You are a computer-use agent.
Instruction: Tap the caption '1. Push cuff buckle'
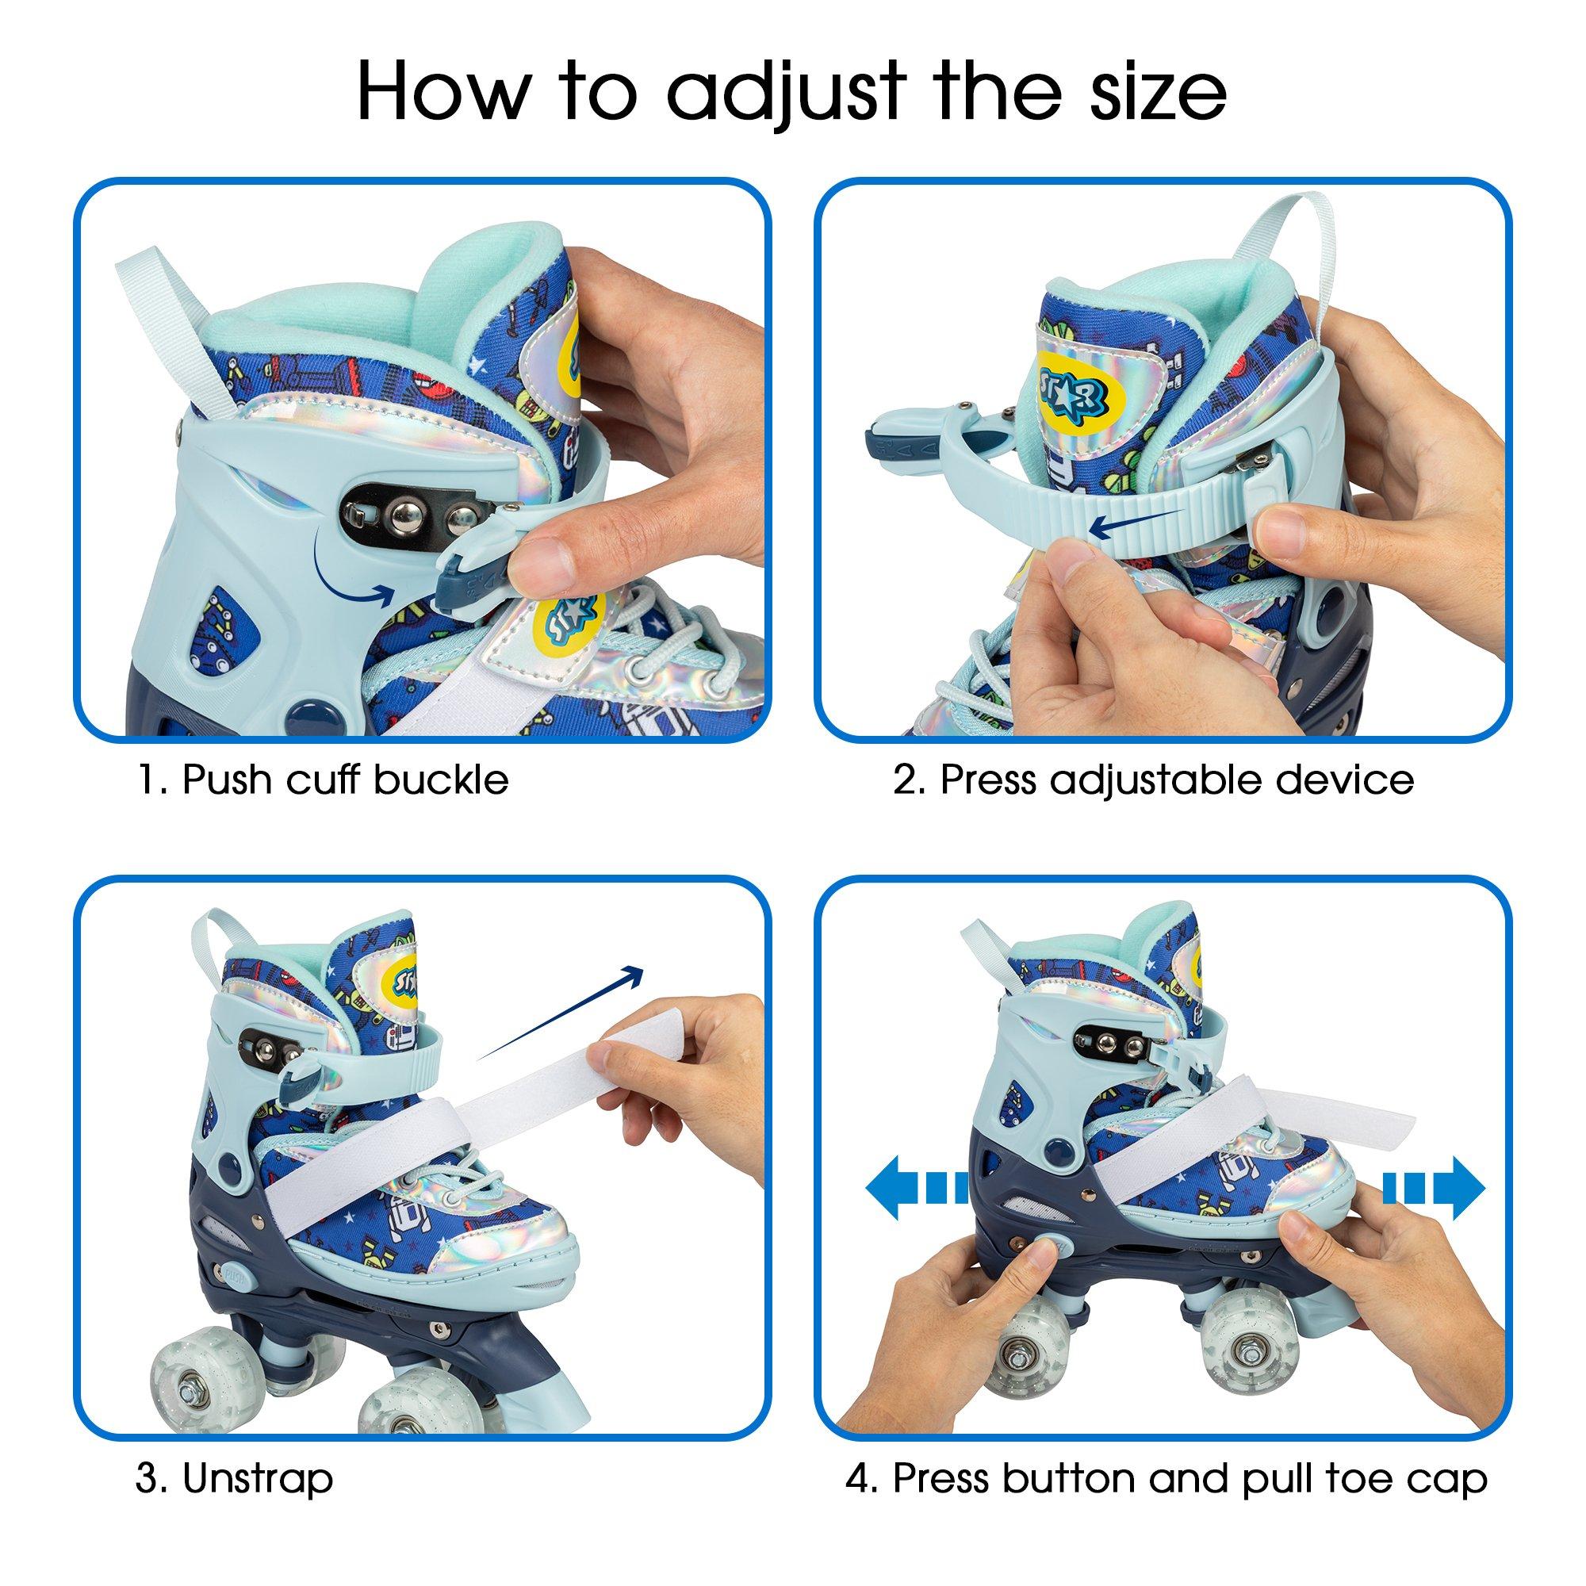click(322, 779)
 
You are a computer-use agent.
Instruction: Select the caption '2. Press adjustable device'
click(1153, 779)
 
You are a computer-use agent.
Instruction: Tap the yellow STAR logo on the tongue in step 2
click(1086, 390)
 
